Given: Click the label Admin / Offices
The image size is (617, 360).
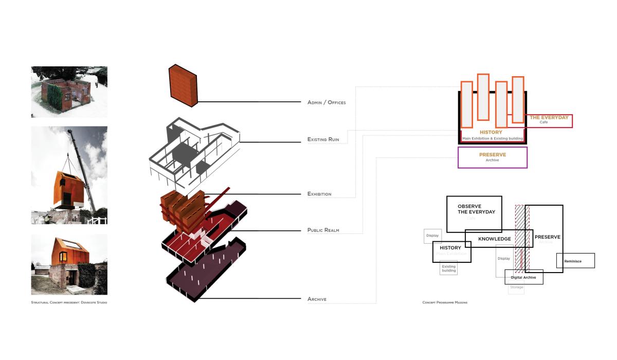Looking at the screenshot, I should [x=326, y=102].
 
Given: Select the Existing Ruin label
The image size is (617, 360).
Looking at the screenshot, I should [x=326, y=139].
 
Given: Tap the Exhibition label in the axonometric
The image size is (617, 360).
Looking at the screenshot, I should [x=319, y=194].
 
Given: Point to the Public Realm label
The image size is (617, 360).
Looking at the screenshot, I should [x=323, y=230].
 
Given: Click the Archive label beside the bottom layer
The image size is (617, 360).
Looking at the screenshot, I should [x=317, y=299].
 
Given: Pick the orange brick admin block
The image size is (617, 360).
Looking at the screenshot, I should [x=184, y=85].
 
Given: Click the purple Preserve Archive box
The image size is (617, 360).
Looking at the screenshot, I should [x=492, y=157].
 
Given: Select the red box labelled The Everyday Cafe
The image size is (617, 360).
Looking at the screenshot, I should [x=549, y=120].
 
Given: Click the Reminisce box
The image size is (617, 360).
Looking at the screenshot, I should [x=575, y=261].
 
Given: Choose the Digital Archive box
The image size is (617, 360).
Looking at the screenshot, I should [x=523, y=277].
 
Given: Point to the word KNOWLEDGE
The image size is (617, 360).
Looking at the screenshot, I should [x=495, y=239].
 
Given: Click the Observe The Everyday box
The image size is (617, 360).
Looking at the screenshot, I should [x=474, y=213].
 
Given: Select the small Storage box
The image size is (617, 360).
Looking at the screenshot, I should [x=516, y=287].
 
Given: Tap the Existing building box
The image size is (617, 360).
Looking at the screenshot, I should [x=448, y=268].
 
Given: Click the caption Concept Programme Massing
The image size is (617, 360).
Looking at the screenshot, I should [x=445, y=302].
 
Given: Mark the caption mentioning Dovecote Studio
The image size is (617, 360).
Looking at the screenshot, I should [x=69, y=302].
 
